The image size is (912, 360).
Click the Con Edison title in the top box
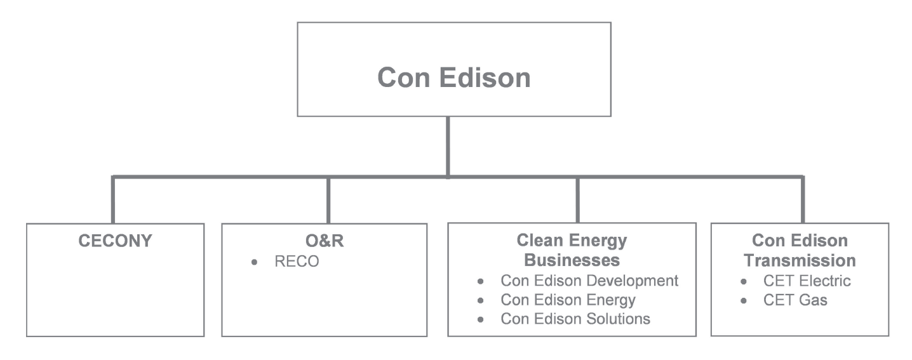(453, 78)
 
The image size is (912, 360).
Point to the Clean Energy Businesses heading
(572, 251)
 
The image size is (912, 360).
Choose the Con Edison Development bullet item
(589, 280)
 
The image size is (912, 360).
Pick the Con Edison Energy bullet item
(568, 299)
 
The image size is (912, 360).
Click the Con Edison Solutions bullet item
(575, 319)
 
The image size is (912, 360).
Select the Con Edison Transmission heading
(800, 251)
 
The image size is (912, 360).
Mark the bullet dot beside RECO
(254, 262)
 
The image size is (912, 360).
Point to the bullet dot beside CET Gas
(743, 300)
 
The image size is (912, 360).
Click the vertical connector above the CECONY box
(114, 199)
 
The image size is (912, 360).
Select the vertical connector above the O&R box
(328, 199)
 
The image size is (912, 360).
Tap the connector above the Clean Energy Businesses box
(577, 199)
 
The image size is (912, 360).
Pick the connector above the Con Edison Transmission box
(802, 199)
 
